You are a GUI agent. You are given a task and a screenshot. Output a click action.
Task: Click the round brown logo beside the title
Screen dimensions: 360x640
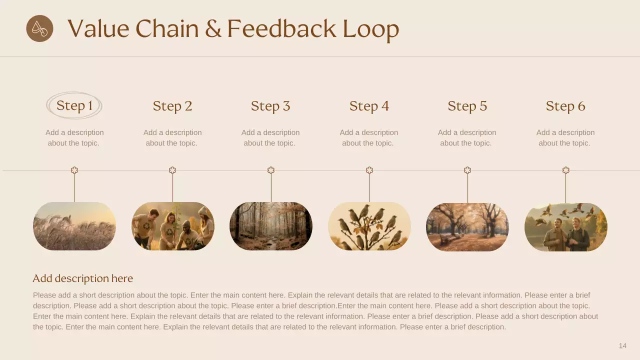[x=39, y=28]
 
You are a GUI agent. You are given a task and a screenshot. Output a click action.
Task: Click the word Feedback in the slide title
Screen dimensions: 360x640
[x=281, y=29]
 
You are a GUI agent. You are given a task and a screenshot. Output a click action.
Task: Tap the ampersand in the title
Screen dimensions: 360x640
[x=213, y=29]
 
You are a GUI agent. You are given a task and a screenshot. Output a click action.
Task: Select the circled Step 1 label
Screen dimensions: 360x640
[x=74, y=105]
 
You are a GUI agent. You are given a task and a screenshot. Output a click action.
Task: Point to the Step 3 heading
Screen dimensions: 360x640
[x=270, y=106]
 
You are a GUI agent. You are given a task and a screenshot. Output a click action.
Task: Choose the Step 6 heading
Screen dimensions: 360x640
[x=565, y=106]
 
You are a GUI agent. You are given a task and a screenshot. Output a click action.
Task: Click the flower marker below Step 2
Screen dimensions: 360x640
[x=172, y=170]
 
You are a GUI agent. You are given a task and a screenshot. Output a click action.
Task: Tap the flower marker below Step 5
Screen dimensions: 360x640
[x=467, y=170]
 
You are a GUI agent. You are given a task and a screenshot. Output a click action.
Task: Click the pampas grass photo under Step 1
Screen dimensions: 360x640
[x=74, y=226]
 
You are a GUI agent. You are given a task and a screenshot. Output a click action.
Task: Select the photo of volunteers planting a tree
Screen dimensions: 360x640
[x=172, y=226]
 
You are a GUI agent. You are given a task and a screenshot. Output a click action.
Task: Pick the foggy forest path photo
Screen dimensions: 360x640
[x=271, y=226]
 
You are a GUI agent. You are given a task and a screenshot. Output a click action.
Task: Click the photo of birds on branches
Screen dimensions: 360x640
[x=369, y=226]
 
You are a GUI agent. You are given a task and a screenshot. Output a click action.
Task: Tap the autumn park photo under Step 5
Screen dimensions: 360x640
[x=467, y=226]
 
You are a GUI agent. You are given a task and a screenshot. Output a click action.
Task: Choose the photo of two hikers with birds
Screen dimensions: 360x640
[x=565, y=226]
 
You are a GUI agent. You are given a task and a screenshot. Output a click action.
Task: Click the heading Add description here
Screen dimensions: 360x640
[x=83, y=278]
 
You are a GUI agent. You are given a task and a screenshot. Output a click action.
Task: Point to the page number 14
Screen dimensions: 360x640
[x=622, y=346]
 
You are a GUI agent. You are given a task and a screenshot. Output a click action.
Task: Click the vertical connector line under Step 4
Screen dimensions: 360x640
[x=369, y=188]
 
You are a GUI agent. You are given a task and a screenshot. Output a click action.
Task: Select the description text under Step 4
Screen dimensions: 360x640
[x=369, y=137]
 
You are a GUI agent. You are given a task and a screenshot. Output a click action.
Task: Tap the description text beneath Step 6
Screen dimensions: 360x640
[x=565, y=137]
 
